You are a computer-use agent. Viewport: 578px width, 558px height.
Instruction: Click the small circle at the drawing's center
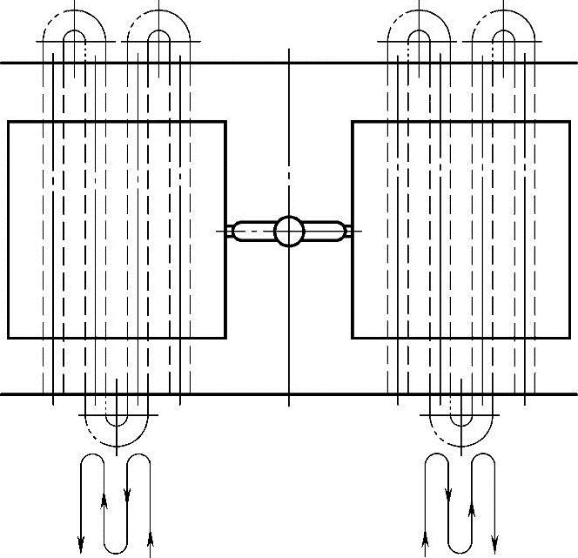[x=289, y=231]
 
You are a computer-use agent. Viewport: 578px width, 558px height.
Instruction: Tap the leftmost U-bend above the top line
[x=74, y=35]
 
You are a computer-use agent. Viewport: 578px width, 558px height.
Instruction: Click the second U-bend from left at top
[x=158, y=35]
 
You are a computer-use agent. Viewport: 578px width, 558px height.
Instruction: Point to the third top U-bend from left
[x=420, y=35]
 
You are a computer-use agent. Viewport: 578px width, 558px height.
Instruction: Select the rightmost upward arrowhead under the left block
[x=151, y=533]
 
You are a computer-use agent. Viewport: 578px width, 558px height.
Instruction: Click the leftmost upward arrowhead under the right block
[x=426, y=533]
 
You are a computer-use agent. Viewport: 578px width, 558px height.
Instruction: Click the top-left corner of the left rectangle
[x=8, y=122]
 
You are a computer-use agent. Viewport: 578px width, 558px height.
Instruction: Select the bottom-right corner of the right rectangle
[x=569, y=337]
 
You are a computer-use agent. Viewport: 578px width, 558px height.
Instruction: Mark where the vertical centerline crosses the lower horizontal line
[x=289, y=393]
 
